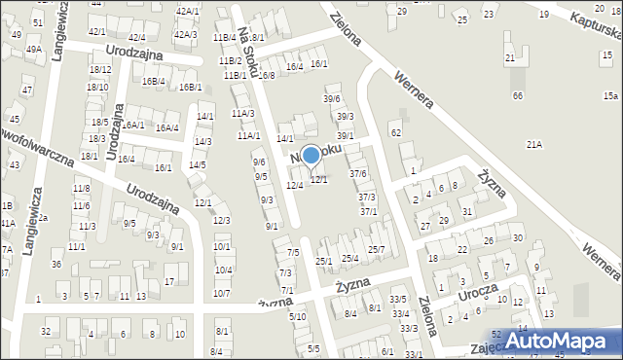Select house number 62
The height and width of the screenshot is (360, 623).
395,132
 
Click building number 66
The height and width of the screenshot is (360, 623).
518,95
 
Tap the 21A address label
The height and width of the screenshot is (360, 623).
533,144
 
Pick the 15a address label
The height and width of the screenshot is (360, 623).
610,95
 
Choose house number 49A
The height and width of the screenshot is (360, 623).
34,49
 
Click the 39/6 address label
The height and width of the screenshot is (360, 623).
332,99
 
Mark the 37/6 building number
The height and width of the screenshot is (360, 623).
358,174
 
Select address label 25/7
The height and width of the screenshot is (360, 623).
376,250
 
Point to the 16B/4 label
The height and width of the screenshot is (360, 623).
153,81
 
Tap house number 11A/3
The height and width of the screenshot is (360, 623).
243,114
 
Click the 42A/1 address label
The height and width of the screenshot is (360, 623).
188,10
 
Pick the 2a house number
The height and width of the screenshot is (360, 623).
43,218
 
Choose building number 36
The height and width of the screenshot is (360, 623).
56,265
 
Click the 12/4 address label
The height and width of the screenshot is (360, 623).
294,185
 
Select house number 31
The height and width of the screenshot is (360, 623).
467,211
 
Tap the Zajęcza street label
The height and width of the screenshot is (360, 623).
487,346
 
